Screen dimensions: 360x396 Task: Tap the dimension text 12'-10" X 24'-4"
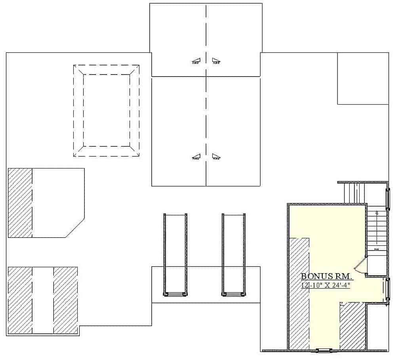(326, 285)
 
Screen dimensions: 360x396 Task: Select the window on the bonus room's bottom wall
(324, 350)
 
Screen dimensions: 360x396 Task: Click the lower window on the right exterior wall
(387, 290)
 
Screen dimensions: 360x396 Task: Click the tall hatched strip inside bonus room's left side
(299, 293)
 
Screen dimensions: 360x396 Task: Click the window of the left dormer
(175, 294)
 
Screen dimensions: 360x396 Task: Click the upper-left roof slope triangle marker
(196, 61)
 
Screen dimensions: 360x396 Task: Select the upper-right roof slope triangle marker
(216, 61)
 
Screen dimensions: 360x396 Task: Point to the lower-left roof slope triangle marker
(196, 157)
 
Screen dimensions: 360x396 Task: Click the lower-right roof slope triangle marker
(216, 157)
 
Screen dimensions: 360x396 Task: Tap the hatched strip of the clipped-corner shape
(20, 203)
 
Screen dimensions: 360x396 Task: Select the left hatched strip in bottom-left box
(20, 300)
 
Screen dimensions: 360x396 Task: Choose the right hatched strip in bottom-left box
(65, 300)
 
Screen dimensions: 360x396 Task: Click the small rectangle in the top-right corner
(362, 78)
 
